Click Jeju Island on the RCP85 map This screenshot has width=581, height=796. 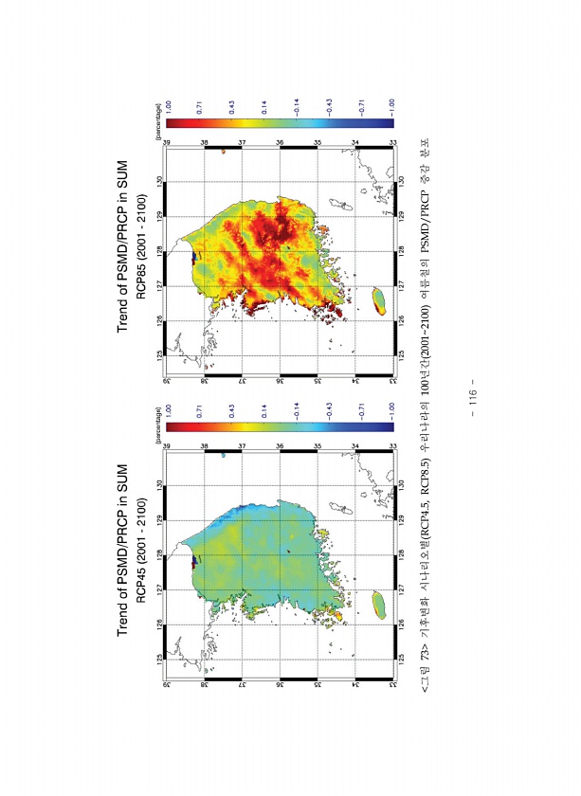(x=379, y=300)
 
